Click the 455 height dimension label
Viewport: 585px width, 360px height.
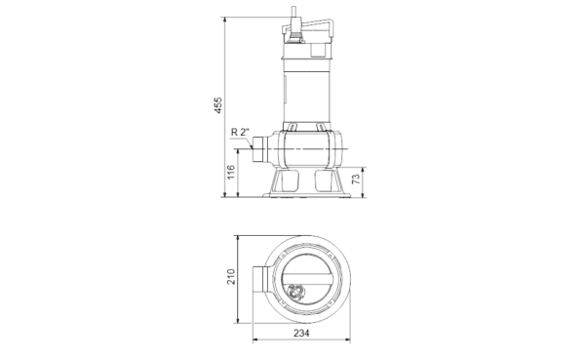pos(217,105)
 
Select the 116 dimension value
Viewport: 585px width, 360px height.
pos(231,172)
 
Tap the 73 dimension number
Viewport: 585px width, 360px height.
pos(356,180)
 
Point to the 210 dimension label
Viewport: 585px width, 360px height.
pos(231,277)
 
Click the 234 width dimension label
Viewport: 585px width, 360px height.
pos(301,333)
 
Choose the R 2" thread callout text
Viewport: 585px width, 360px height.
pos(240,133)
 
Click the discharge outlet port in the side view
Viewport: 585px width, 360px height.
pos(258,149)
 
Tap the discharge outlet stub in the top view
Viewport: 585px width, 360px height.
pos(259,280)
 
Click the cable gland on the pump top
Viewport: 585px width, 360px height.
pos(294,36)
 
